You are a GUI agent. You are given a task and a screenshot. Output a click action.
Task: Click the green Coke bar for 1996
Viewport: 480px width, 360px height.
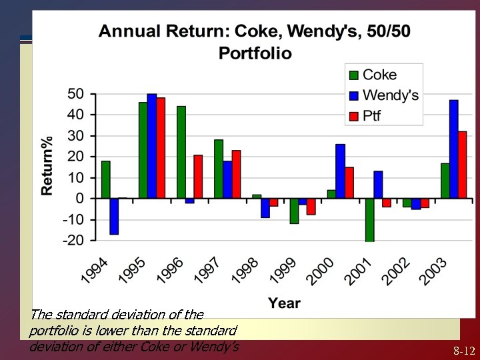pos(181,152)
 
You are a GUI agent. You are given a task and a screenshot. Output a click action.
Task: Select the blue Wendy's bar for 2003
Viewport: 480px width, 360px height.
pos(454,149)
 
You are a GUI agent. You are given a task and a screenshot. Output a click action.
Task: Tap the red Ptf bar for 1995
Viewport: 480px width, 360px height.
pos(161,148)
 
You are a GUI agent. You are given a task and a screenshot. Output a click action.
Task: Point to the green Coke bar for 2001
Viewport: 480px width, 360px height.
pos(369,220)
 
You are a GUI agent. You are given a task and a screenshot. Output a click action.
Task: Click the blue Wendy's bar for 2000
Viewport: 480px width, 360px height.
pos(341,171)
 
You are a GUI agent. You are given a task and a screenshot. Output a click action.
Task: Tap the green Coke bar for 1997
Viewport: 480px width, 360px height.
pos(219,169)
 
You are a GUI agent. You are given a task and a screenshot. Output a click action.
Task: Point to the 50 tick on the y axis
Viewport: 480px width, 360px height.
pos(76,94)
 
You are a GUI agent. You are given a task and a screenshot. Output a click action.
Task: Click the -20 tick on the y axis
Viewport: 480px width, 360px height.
pos(73,241)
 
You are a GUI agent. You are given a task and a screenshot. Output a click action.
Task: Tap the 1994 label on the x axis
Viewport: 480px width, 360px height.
pos(94,269)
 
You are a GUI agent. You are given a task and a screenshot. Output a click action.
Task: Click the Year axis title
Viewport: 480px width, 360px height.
pos(284,303)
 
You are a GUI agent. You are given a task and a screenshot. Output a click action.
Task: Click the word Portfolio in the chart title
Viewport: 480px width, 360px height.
pos(255,53)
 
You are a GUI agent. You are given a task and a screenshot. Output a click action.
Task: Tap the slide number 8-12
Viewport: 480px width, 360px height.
pos(464,350)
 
